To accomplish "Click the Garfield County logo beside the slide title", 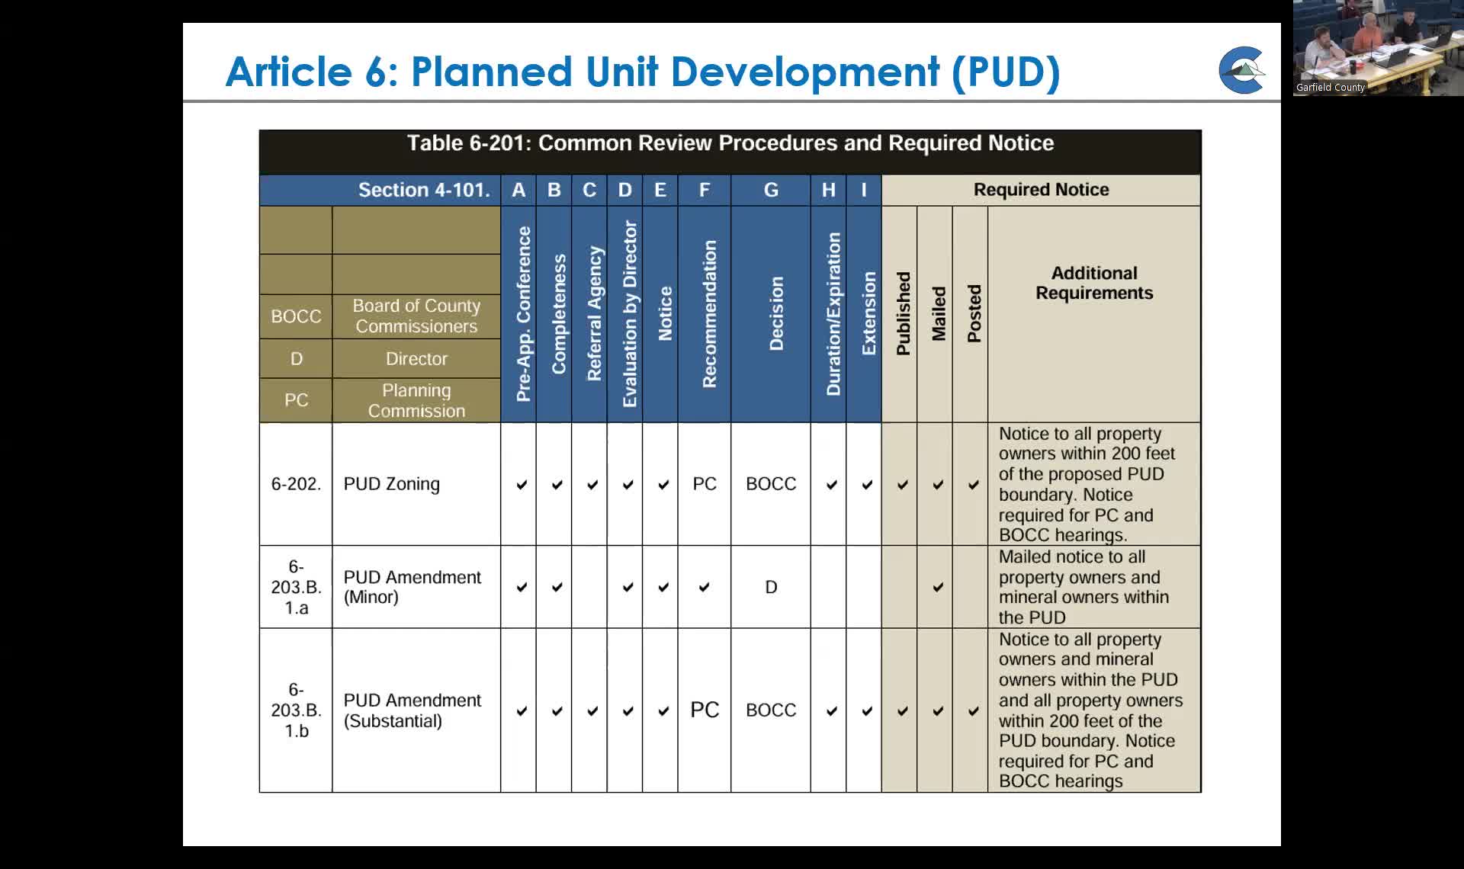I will pyautogui.click(x=1241, y=70).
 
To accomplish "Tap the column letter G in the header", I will pyautogui.click(x=771, y=190).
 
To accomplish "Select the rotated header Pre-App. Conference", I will pyautogui.click(x=522, y=314).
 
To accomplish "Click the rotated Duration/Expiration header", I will pyautogui.click(x=833, y=314).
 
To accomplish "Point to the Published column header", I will pyautogui.click(x=903, y=314).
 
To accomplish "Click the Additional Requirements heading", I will pyautogui.click(x=1093, y=283).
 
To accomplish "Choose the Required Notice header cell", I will pyautogui.click(x=1041, y=190).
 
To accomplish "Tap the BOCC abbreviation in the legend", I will pyautogui.click(x=296, y=316).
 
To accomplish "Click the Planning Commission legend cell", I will pyautogui.click(x=416, y=400).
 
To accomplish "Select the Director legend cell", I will pyautogui.click(x=416, y=358).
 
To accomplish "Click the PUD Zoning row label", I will pyautogui.click(x=391, y=484).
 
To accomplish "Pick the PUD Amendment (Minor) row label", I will pyautogui.click(x=412, y=587).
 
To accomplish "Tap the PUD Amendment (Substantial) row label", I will pyautogui.click(x=412, y=710).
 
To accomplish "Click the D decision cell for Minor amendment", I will pyautogui.click(x=771, y=587).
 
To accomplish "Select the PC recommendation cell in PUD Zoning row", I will pyautogui.click(x=705, y=484).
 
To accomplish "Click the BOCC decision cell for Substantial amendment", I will pyautogui.click(x=771, y=710).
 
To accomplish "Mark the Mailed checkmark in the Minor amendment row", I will pyautogui.click(x=938, y=587).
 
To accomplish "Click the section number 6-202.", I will pyautogui.click(x=296, y=484).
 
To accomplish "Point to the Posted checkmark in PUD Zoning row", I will pyautogui.click(x=974, y=484).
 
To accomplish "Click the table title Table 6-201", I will pyautogui.click(x=730, y=143).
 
